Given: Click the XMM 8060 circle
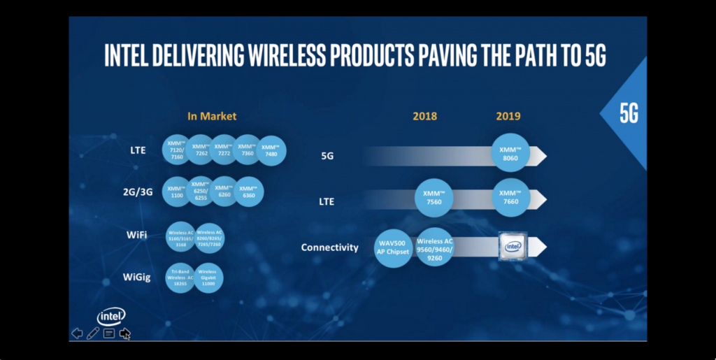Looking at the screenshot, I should [510, 154].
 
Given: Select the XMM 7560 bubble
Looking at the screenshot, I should [434, 199].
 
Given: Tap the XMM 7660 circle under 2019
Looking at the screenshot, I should [510, 199].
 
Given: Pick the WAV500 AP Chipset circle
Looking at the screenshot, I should [394, 247].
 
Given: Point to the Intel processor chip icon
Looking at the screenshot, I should [513, 246].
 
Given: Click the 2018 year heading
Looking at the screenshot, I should [424, 116].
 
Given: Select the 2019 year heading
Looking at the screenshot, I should [508, 116].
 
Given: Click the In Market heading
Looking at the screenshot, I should [211, 116].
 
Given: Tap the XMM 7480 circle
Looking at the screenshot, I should [271, 150].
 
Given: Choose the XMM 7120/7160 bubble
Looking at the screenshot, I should [177, 150].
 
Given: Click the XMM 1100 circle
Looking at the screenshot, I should [176, 191].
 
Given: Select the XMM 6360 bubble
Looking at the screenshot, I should [249, 192].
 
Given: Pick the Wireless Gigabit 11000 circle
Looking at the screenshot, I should [208, 278].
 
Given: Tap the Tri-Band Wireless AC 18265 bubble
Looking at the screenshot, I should [180, 278].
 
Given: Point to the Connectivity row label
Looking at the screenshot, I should [329, 247].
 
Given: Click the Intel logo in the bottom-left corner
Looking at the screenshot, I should [111, 316].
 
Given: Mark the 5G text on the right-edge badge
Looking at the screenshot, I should [629, 114].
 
